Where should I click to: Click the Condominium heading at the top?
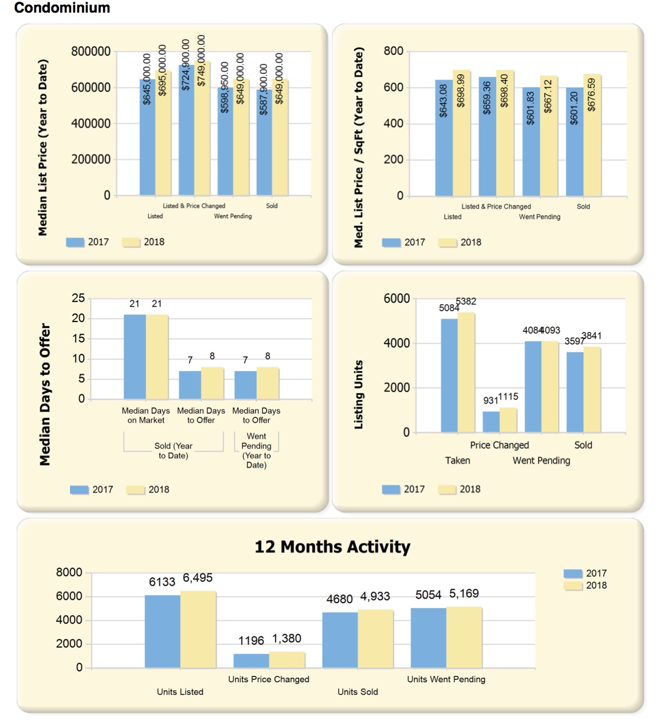pyautogui.click(x=62, y=8)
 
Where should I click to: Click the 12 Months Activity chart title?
pyautogui.click(x=332, y=547)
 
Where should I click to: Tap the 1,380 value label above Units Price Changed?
pyautogui.click(x=286, y=639)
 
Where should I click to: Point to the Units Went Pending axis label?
pyautogui.click(x=446, y=679)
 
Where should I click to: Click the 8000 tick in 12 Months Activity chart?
pyautogui.click(x=69, y=573)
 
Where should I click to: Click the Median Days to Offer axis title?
pyautogui.click(x=45, y=394)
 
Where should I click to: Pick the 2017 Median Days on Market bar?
pyautogui.click(x=135, y=357)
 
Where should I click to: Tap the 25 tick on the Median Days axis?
pyautogui.click(x=78, y=298)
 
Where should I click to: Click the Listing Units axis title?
pyautogui.click(x=359, y=394)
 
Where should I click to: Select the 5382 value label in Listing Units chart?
pyautogui.click(x=466, y=302)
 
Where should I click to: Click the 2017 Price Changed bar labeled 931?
pyautogui.click(x=491, y=421)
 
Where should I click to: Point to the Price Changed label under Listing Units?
pyautogui.click(x=499, y=445)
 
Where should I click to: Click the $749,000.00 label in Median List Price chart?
pyautogui.click(x=201, y=60)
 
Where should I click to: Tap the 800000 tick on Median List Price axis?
pyautogui.click(x=91, y=52)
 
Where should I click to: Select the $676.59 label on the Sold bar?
pyautogui.click(x=592, y=95)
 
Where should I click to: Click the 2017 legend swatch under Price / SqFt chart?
pyautogui.click(x=391, y=242)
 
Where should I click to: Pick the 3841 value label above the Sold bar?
pyautogui.click(x=591, y=336)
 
